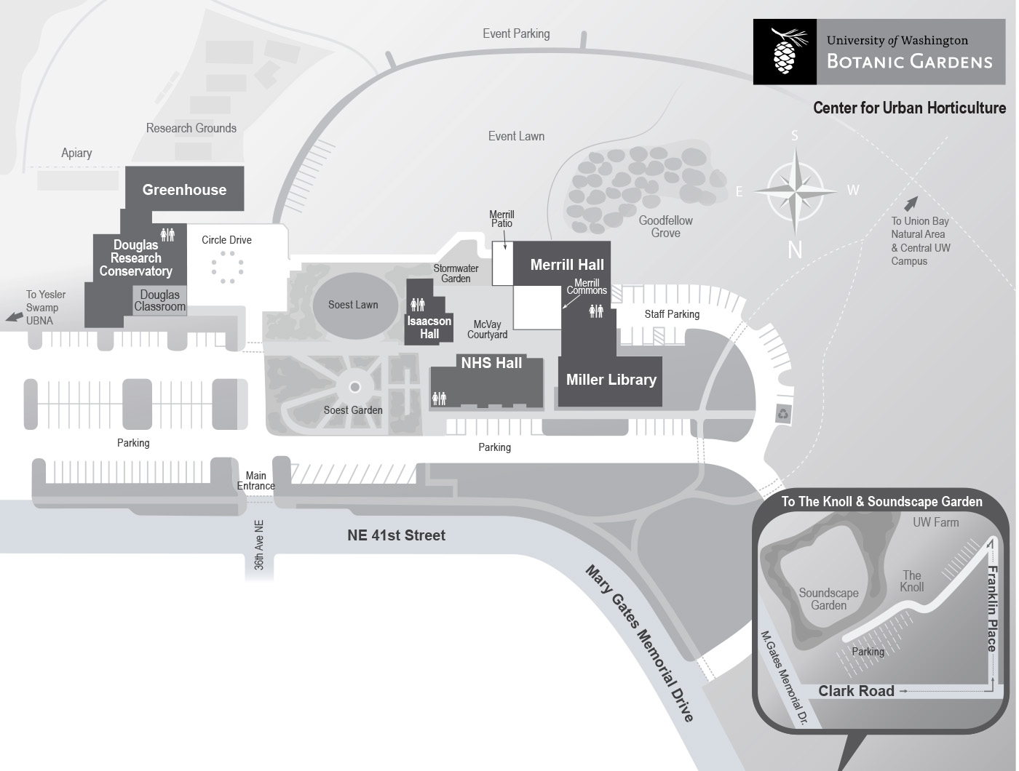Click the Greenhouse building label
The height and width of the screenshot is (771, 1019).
pyautogui.click(x=184, y=190)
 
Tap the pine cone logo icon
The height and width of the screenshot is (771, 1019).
pyautogui.click(x=785, y=52)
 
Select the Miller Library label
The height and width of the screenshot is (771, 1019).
pyautogui.click(x=611, y=380)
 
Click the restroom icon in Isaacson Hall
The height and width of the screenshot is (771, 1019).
pyautogui.click(x=417, y=305)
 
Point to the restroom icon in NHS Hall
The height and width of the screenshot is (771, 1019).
pyautogui.click(x=439, y=399)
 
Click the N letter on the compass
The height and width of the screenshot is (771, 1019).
pyautogui.click(x=795, y=250)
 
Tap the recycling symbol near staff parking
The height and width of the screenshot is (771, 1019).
pyautogui.click(x=783, y=413)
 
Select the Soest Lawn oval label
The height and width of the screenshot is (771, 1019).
pyautogui.click(x=353, y=305)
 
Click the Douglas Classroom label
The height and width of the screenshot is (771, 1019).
pyautogui.click(x=159, y=300)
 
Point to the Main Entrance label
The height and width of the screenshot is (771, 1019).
pyautogui.click(x=255, y=481)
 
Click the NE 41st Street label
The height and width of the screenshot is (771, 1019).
pyautogui.click(x=396, y=535)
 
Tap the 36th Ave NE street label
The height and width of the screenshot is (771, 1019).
pyautogui.click(x=259, y=545)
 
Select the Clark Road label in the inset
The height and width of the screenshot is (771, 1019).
pyautogui.click(x=856, y=691)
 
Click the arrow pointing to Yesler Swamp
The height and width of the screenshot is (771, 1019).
pyautogui.click(x=14, y=317)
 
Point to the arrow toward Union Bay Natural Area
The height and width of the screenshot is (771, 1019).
pyautogui.click(x=911, y=203)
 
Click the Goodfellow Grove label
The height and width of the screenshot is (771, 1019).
pyautogui.click(x=666, y=227)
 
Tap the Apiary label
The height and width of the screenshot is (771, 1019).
pyautogui.click(x=76, y=153)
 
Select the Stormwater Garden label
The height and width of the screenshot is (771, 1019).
pyautogui.click(x=456, y=273)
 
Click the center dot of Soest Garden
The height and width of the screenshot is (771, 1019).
pyautogui.click(x=354, y=387)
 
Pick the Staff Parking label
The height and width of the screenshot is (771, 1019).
pyautogui.click(x=672, y=314)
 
